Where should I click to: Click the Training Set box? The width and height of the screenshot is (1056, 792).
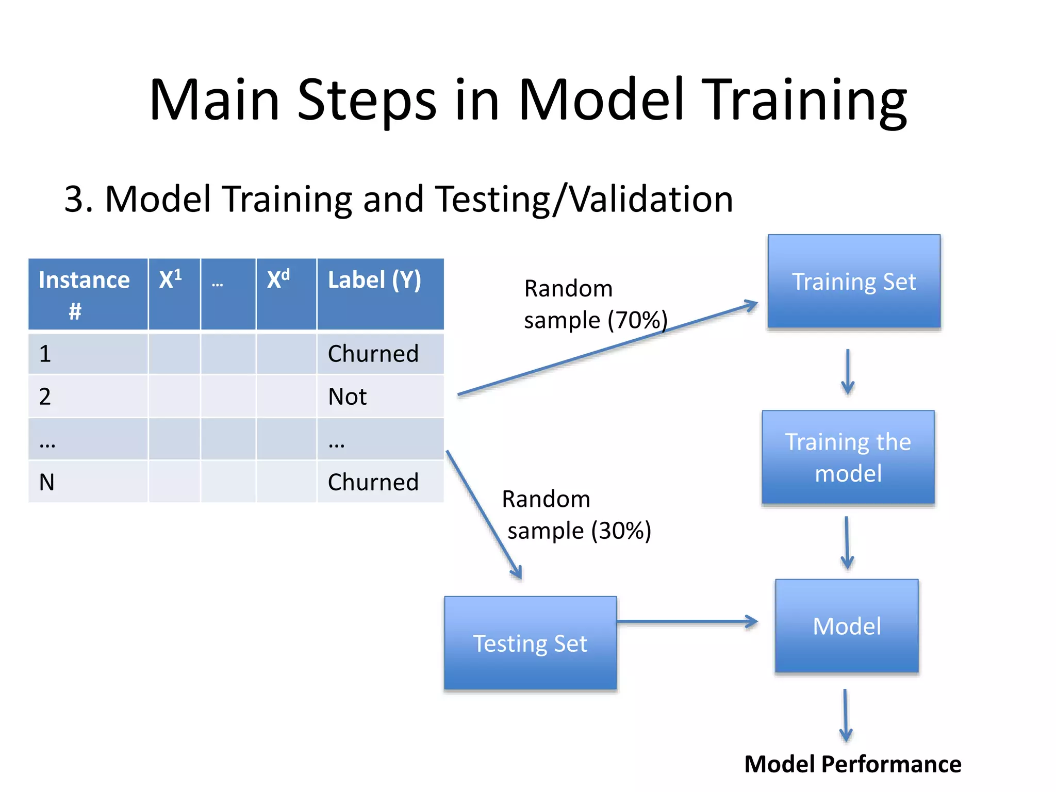(854, 282)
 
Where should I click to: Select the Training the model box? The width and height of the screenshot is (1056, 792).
(848, 457)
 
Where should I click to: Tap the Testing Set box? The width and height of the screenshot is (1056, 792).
(530, 643)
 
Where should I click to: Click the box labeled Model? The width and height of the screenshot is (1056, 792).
(847, 626)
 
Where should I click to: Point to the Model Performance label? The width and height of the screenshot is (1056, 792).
(853, 764)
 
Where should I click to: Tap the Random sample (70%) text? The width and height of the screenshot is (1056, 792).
(595, 304)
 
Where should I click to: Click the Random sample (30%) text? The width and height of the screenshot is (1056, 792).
(576, 515)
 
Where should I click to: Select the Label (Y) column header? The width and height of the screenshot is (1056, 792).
(380, 294)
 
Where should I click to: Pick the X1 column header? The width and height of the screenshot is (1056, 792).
(174, 294)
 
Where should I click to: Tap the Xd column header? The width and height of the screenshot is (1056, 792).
(286, 294)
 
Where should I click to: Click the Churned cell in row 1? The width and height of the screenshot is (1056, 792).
(374, 354)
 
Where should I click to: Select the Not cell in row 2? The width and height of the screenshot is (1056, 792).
(348, 397)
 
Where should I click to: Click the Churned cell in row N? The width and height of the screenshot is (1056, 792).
(374, 482)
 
